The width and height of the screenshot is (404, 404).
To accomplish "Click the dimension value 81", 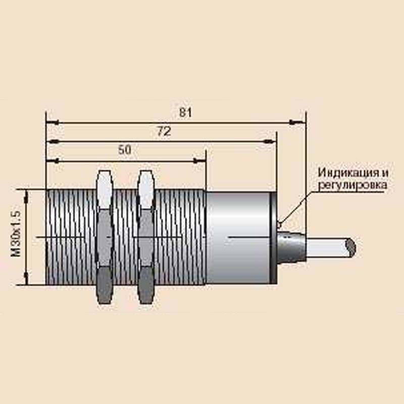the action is (185, 113).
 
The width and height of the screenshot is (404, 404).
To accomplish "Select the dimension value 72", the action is (164, 132).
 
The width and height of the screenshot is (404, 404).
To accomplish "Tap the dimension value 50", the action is (125, 150).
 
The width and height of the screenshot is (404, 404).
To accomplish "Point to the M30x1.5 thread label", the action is (16, 233).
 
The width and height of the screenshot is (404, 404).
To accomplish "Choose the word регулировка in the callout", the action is (352, 185).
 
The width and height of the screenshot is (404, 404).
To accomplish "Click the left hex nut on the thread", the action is (105, 237).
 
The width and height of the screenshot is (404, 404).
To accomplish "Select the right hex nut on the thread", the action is (146, 237).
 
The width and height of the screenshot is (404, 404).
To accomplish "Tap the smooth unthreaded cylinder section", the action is (238, 237).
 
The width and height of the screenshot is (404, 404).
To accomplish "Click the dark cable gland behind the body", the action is (292, 246).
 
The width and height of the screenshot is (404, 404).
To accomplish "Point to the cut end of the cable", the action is (350, 247).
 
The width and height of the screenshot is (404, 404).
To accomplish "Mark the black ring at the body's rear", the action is (273, 238).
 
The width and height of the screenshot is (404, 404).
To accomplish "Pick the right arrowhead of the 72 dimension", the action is (271, 141).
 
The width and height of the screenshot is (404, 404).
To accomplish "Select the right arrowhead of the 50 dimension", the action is (200, 161).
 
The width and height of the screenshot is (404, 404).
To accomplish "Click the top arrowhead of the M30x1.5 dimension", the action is (26, 196).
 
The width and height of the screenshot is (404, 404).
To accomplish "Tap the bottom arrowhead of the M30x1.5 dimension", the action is (26, 279).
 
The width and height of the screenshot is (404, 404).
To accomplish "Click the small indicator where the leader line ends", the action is (279, 225).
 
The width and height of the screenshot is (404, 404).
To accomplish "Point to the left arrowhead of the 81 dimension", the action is (53, 122).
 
